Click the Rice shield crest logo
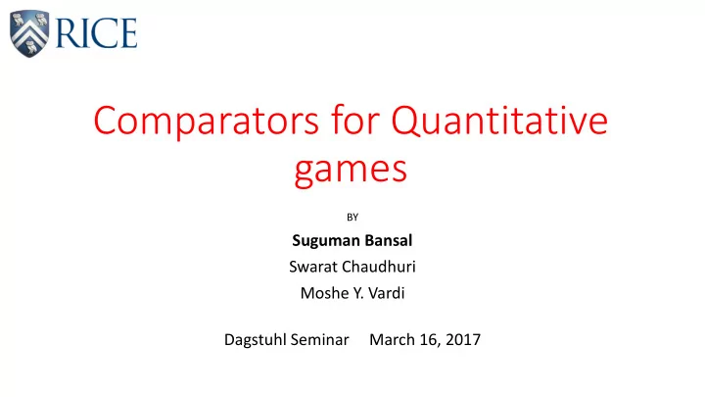coord(29,33)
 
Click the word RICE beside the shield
coord(96,33)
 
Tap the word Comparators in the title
coord(206,121)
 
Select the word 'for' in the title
coord(355,120)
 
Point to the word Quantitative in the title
coord(499,121)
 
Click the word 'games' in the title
coord(352,169)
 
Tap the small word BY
coord(352,218)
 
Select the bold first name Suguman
coord(325,241)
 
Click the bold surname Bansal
coord(389,240)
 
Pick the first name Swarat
coord(313,267)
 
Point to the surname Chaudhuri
coord(379,267)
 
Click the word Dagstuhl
coord(255,340)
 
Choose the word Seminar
coord(319,339)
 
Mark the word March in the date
coord(392,339)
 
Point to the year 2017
coord(463,339)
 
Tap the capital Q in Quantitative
coord(405,122)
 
